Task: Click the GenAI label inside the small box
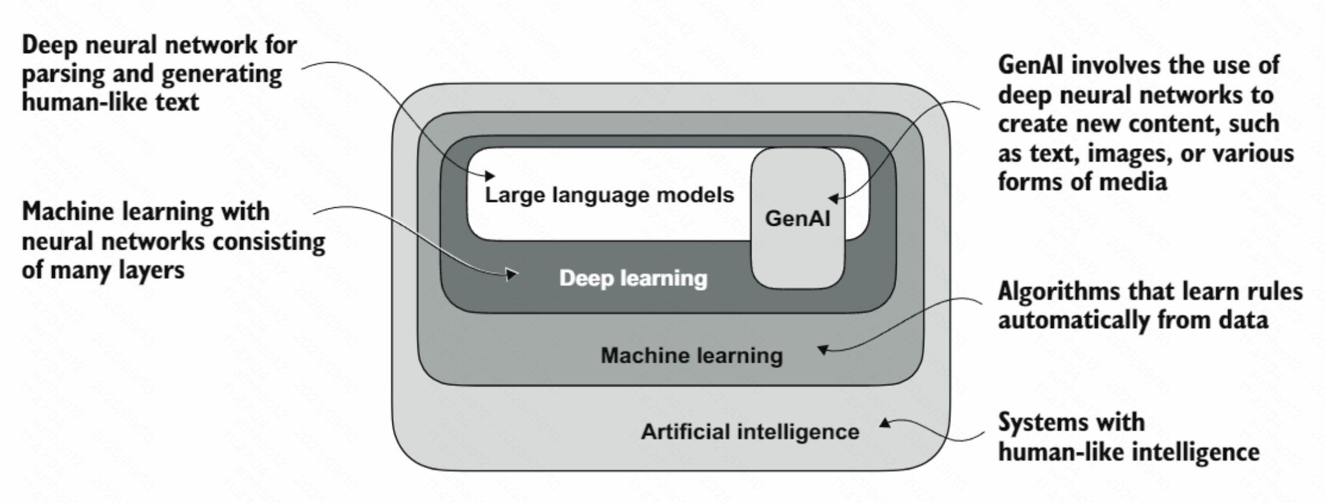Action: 798,219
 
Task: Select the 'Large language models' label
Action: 609,195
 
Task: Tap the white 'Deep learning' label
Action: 633,278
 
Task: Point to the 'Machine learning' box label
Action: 692,355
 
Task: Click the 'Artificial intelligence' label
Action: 750,431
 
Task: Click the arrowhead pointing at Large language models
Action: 490,176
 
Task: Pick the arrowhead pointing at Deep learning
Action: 512,275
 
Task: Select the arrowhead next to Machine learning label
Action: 823,349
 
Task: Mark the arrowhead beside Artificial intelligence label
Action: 885,423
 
